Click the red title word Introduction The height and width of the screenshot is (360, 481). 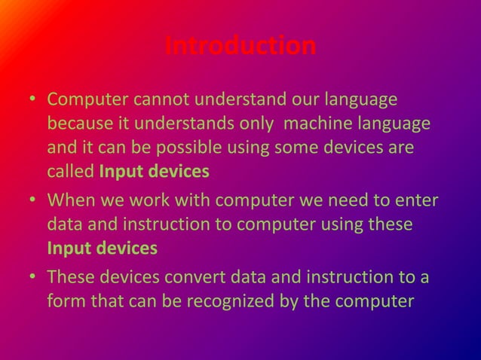[x=240, y=47]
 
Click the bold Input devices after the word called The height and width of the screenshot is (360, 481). [x=154, y=172]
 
